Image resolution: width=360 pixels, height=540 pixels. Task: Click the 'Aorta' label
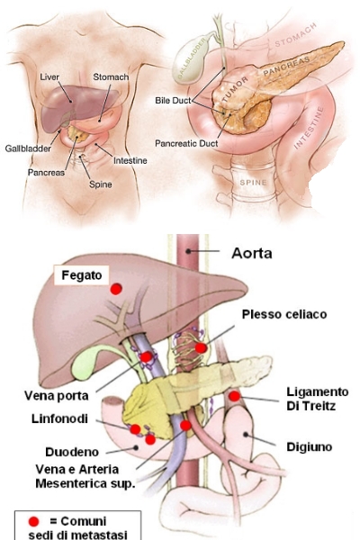[252, 253]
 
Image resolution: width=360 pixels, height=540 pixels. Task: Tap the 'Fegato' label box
[81, 275]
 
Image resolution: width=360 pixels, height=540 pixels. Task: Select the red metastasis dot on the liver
[116, 289]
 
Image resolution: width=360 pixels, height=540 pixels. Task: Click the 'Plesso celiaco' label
[284, 314]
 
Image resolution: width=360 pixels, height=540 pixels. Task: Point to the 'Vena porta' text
[56, 395]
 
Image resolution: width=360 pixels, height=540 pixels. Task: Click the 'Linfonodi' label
[59, 418]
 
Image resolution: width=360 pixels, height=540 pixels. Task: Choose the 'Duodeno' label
[72, 452]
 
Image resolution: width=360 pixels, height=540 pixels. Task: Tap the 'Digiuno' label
[310, 446]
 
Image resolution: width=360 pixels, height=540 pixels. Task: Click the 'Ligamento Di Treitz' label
[318, 399]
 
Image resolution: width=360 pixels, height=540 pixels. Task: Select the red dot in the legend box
[34, 521]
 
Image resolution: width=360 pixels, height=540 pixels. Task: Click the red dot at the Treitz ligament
[234, 396]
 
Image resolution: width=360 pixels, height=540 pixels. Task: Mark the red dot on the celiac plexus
[201, 347]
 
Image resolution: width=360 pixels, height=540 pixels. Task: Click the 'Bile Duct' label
[173, 101]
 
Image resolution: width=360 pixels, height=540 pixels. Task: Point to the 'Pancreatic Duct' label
[186, 143]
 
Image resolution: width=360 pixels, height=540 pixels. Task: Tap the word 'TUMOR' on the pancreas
[235, 89]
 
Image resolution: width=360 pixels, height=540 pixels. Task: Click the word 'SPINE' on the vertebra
[253, 182]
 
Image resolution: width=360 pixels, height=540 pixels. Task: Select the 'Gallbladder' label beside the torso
[28, 148]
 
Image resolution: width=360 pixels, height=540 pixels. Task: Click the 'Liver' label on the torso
[49, 76]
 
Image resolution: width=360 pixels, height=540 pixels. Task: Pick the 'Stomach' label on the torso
[111, 76]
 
